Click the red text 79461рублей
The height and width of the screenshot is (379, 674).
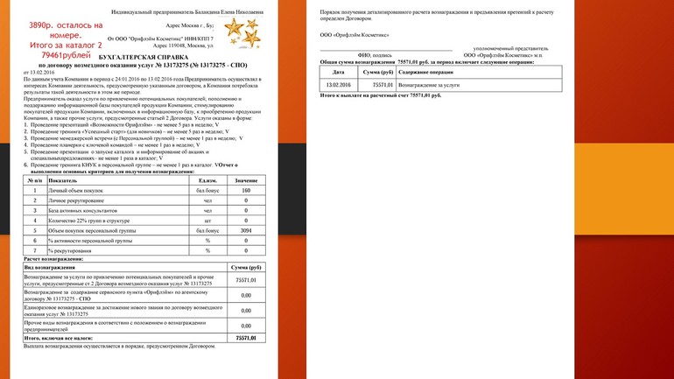point(55,54)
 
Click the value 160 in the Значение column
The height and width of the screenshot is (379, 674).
point(245,190)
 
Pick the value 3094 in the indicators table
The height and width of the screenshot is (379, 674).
point(245,231)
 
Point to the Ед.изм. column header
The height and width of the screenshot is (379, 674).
point(207,180)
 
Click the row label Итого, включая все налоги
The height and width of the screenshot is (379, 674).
point(62,337)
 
